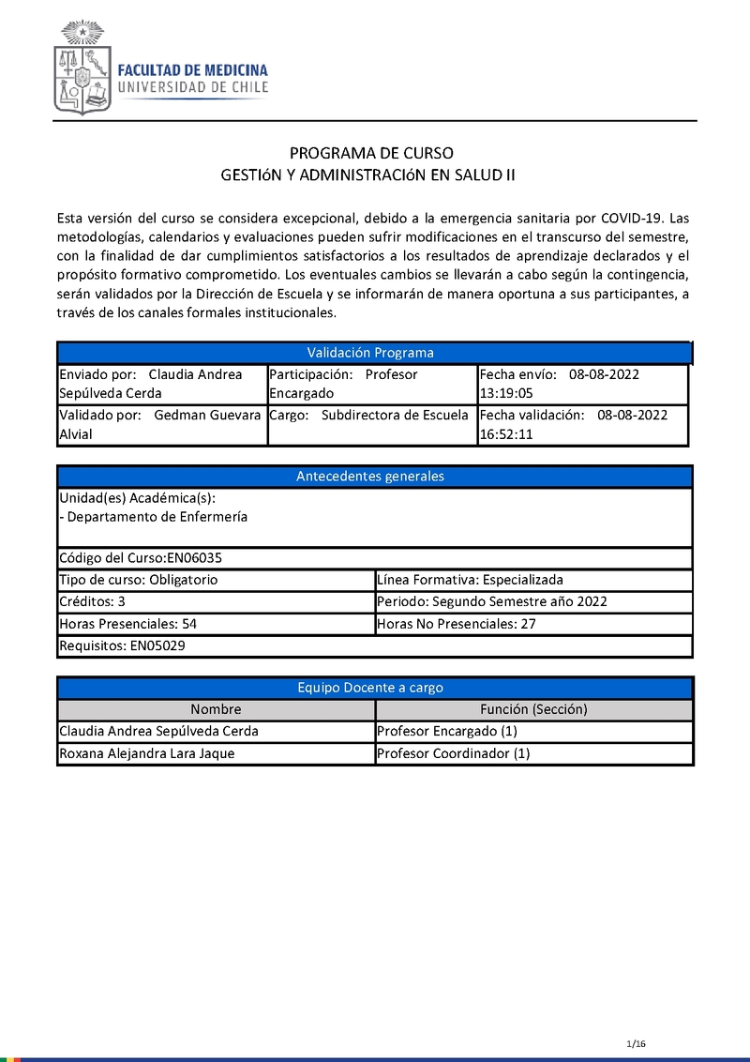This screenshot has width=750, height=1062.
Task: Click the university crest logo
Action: (82, 69)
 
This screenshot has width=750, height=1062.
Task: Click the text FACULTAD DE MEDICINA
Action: (192, 70)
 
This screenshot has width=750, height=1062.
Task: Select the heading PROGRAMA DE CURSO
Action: (371, 153)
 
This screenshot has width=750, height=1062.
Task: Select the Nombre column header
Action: (216, 709)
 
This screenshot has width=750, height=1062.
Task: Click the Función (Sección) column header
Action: (533, 709)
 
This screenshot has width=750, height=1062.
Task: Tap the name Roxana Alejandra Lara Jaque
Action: (147, 753)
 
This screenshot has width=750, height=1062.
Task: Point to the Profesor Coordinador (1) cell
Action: (453, 753)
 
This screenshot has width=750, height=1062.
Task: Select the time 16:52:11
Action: (506, 435)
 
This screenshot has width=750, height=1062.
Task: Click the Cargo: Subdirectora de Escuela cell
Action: (372, 416)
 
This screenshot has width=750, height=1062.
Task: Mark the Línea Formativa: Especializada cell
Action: (470, 580)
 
